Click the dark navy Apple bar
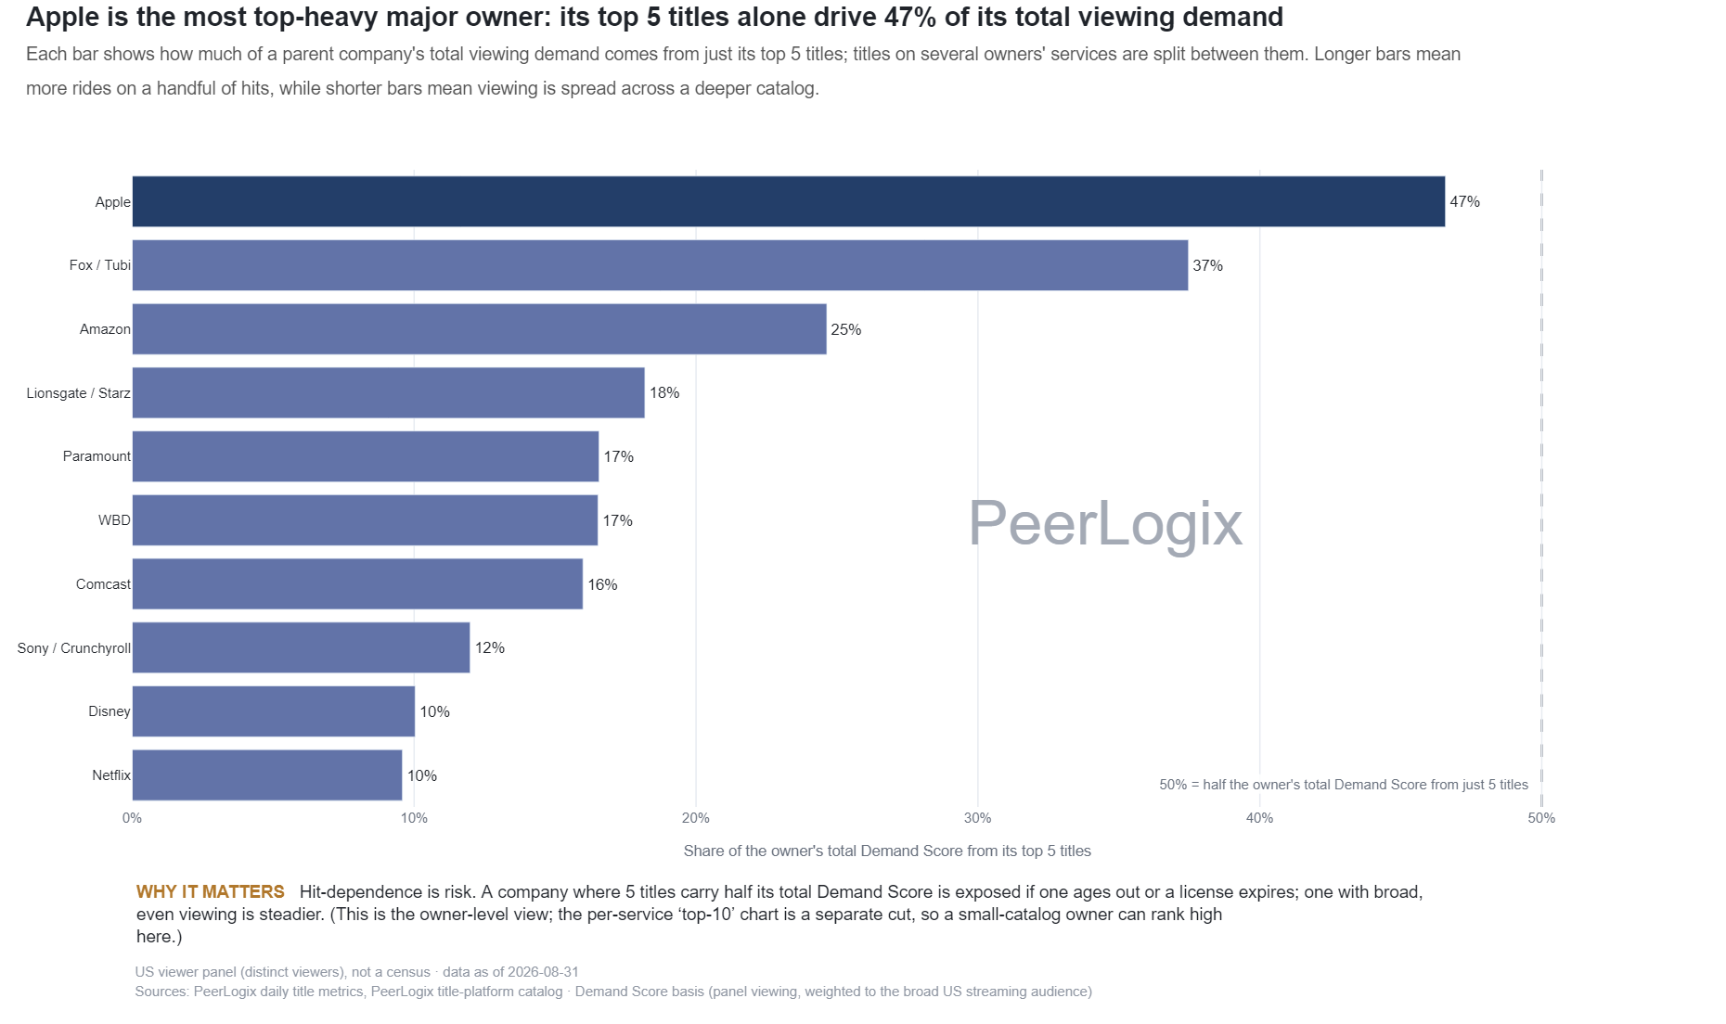(789, 201)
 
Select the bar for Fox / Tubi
(660, 265)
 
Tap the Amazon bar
(479, 329)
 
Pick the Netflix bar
(267, 775)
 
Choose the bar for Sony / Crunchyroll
(301, 647)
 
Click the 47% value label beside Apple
(1465, 201)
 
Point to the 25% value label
(846, 329)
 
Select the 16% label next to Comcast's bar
(603, 584)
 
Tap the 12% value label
(490, 647)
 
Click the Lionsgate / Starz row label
(79, 393)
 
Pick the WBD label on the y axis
(115, 520)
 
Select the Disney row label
(109, 711)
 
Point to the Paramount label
(97, 456)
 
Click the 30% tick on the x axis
(977, 818)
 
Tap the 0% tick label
(132, 818)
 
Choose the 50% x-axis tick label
(1541, 818)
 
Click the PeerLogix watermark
(1105, 524)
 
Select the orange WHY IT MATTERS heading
(211, 892)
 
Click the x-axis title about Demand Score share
(887, 851)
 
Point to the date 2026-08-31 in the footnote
(543, 972)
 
